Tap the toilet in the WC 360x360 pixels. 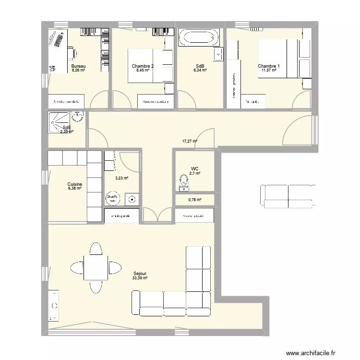(x=183, y=182)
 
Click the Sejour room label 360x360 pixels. (x=140, y=273)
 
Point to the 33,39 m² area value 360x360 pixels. (x=140, y=278)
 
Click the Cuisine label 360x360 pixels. (x=74, y=184)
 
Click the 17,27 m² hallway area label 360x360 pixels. (x=190, y=141)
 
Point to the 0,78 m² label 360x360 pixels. (x=194, y=200)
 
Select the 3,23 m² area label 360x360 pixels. (x=122, y=178)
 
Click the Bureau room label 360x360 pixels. (x=78, y=66)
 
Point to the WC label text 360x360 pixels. (x=194, y=169)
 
